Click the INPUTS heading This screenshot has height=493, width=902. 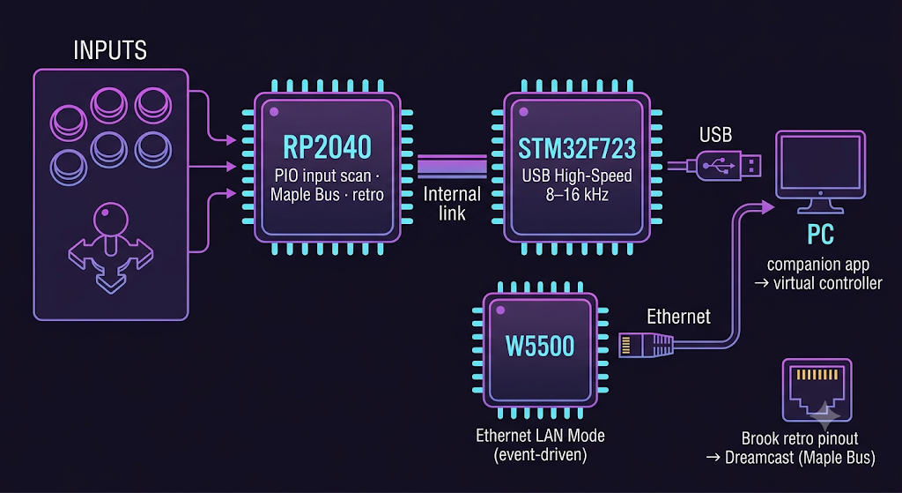click(110, 50)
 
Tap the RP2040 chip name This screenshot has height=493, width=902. click(327, 148)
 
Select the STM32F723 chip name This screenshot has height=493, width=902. click(577, 148)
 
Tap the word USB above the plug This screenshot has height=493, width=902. click(715, 136)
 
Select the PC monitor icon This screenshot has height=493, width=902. click(820, 172)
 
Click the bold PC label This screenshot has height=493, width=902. click(820, 235)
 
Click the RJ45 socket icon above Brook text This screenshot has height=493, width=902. click(817, 391)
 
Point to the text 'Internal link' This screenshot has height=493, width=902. click(452, 203)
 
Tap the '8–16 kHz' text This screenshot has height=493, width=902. click(576, 195)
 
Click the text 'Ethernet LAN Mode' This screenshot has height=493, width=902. click(540, 435)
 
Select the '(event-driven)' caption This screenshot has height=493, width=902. click(540, 456)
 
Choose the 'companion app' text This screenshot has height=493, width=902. click(819, 265)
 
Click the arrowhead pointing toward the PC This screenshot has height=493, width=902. click(767, 207)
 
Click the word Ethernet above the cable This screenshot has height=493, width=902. click(679, 317)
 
